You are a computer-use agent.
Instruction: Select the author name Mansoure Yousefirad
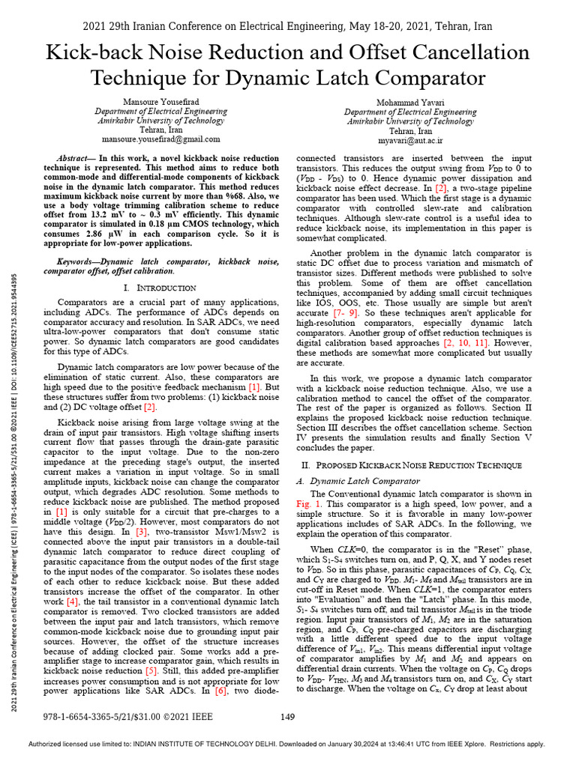(x=160, y=101)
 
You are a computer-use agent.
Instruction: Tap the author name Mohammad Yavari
(x=410, y=101)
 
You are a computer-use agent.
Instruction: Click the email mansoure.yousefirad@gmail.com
(x=160, y=139)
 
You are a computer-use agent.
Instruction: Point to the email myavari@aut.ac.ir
(x=410, y=139)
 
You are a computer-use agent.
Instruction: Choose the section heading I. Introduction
(x=160, y=288)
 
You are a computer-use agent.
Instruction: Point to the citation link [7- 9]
(x=346, y=311)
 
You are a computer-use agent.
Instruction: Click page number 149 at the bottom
(x=287, y=716)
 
